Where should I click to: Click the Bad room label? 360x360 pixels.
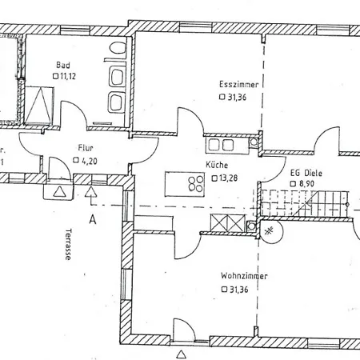[x=63, y=65]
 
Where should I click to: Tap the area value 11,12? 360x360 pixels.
[x=68, y=76]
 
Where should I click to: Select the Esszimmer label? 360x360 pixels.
[x=239, y=85]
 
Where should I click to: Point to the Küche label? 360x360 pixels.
[x=217, y=165]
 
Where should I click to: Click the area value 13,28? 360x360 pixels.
[x=228, y=178]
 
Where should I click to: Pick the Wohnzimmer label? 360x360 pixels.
[x=244, y=276]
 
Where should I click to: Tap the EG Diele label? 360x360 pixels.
[x=306, y=174]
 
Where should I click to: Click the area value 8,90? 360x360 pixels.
[x=306, y=184]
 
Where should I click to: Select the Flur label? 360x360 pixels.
[x=86, y=148]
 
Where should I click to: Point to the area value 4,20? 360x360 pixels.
[x=90, y=161]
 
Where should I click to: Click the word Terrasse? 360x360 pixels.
[x=69, y=244]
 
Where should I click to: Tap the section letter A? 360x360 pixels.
[x=93, y=220]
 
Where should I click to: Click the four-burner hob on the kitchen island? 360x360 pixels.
[x=196, y=184]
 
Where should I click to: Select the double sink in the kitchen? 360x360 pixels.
[x=222, y=146]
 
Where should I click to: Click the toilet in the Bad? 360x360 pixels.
[x=118, y=48]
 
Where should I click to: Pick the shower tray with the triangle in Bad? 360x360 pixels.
[x=39, y=106]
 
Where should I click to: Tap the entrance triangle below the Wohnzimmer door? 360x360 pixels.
[x=182, y=354]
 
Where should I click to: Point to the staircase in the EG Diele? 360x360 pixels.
[x=305, y=203]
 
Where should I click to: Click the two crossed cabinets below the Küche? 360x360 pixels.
[x=228, y=222]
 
